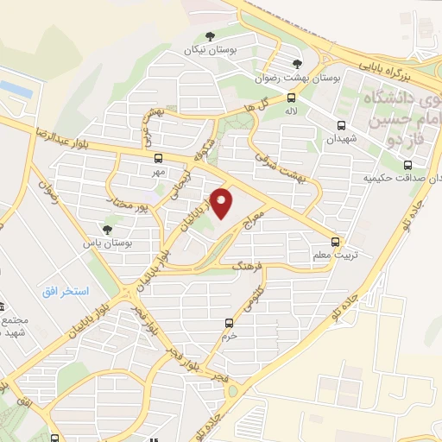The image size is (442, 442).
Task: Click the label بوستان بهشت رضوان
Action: (295, 78)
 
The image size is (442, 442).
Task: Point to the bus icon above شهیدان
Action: (340, 125)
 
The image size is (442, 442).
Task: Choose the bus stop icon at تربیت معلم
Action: (337, 242)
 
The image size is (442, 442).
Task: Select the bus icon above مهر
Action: (157, 159)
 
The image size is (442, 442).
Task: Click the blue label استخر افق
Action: (66, 291)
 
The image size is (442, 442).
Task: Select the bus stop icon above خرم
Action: (229, 323)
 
